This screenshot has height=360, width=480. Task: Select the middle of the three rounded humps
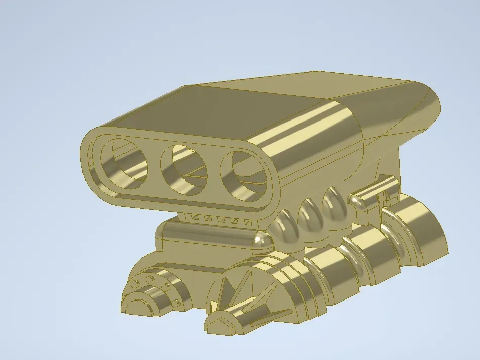pos(310,212)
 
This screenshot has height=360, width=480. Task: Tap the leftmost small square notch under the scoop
pos(194,217)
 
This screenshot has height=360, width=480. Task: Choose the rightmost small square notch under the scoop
pos(248,222)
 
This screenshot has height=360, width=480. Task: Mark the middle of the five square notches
pos(220,219)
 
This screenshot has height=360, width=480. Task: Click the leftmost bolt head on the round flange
pos(134,284)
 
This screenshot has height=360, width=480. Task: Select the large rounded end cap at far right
pos(429,237)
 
